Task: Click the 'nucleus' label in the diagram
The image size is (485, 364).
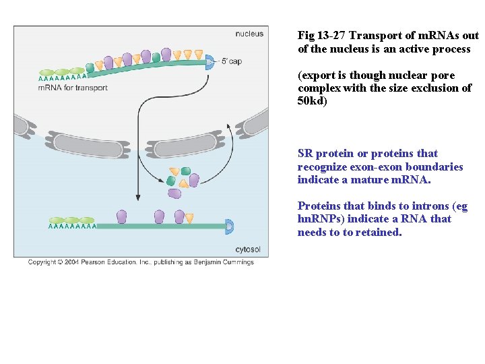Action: (x=249, y=34)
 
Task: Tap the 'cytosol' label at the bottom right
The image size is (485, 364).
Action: (x=248, y=249)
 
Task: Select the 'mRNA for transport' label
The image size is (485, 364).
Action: (x=73, y=88)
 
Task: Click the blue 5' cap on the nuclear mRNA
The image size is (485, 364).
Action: (x=209, y=61)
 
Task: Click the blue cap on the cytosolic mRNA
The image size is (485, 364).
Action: (x=229, y=226)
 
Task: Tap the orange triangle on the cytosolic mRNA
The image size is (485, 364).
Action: (x=189, y=218)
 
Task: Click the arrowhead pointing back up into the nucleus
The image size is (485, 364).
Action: (x=230, y=126)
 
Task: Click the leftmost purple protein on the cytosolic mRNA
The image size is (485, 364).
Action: (x=122, y=216)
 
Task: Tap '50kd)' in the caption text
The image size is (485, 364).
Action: (x=312, y=101)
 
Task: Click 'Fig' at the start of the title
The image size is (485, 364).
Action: (x=306, y=36)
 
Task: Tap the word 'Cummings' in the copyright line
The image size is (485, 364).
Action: (x=236, y=262)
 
